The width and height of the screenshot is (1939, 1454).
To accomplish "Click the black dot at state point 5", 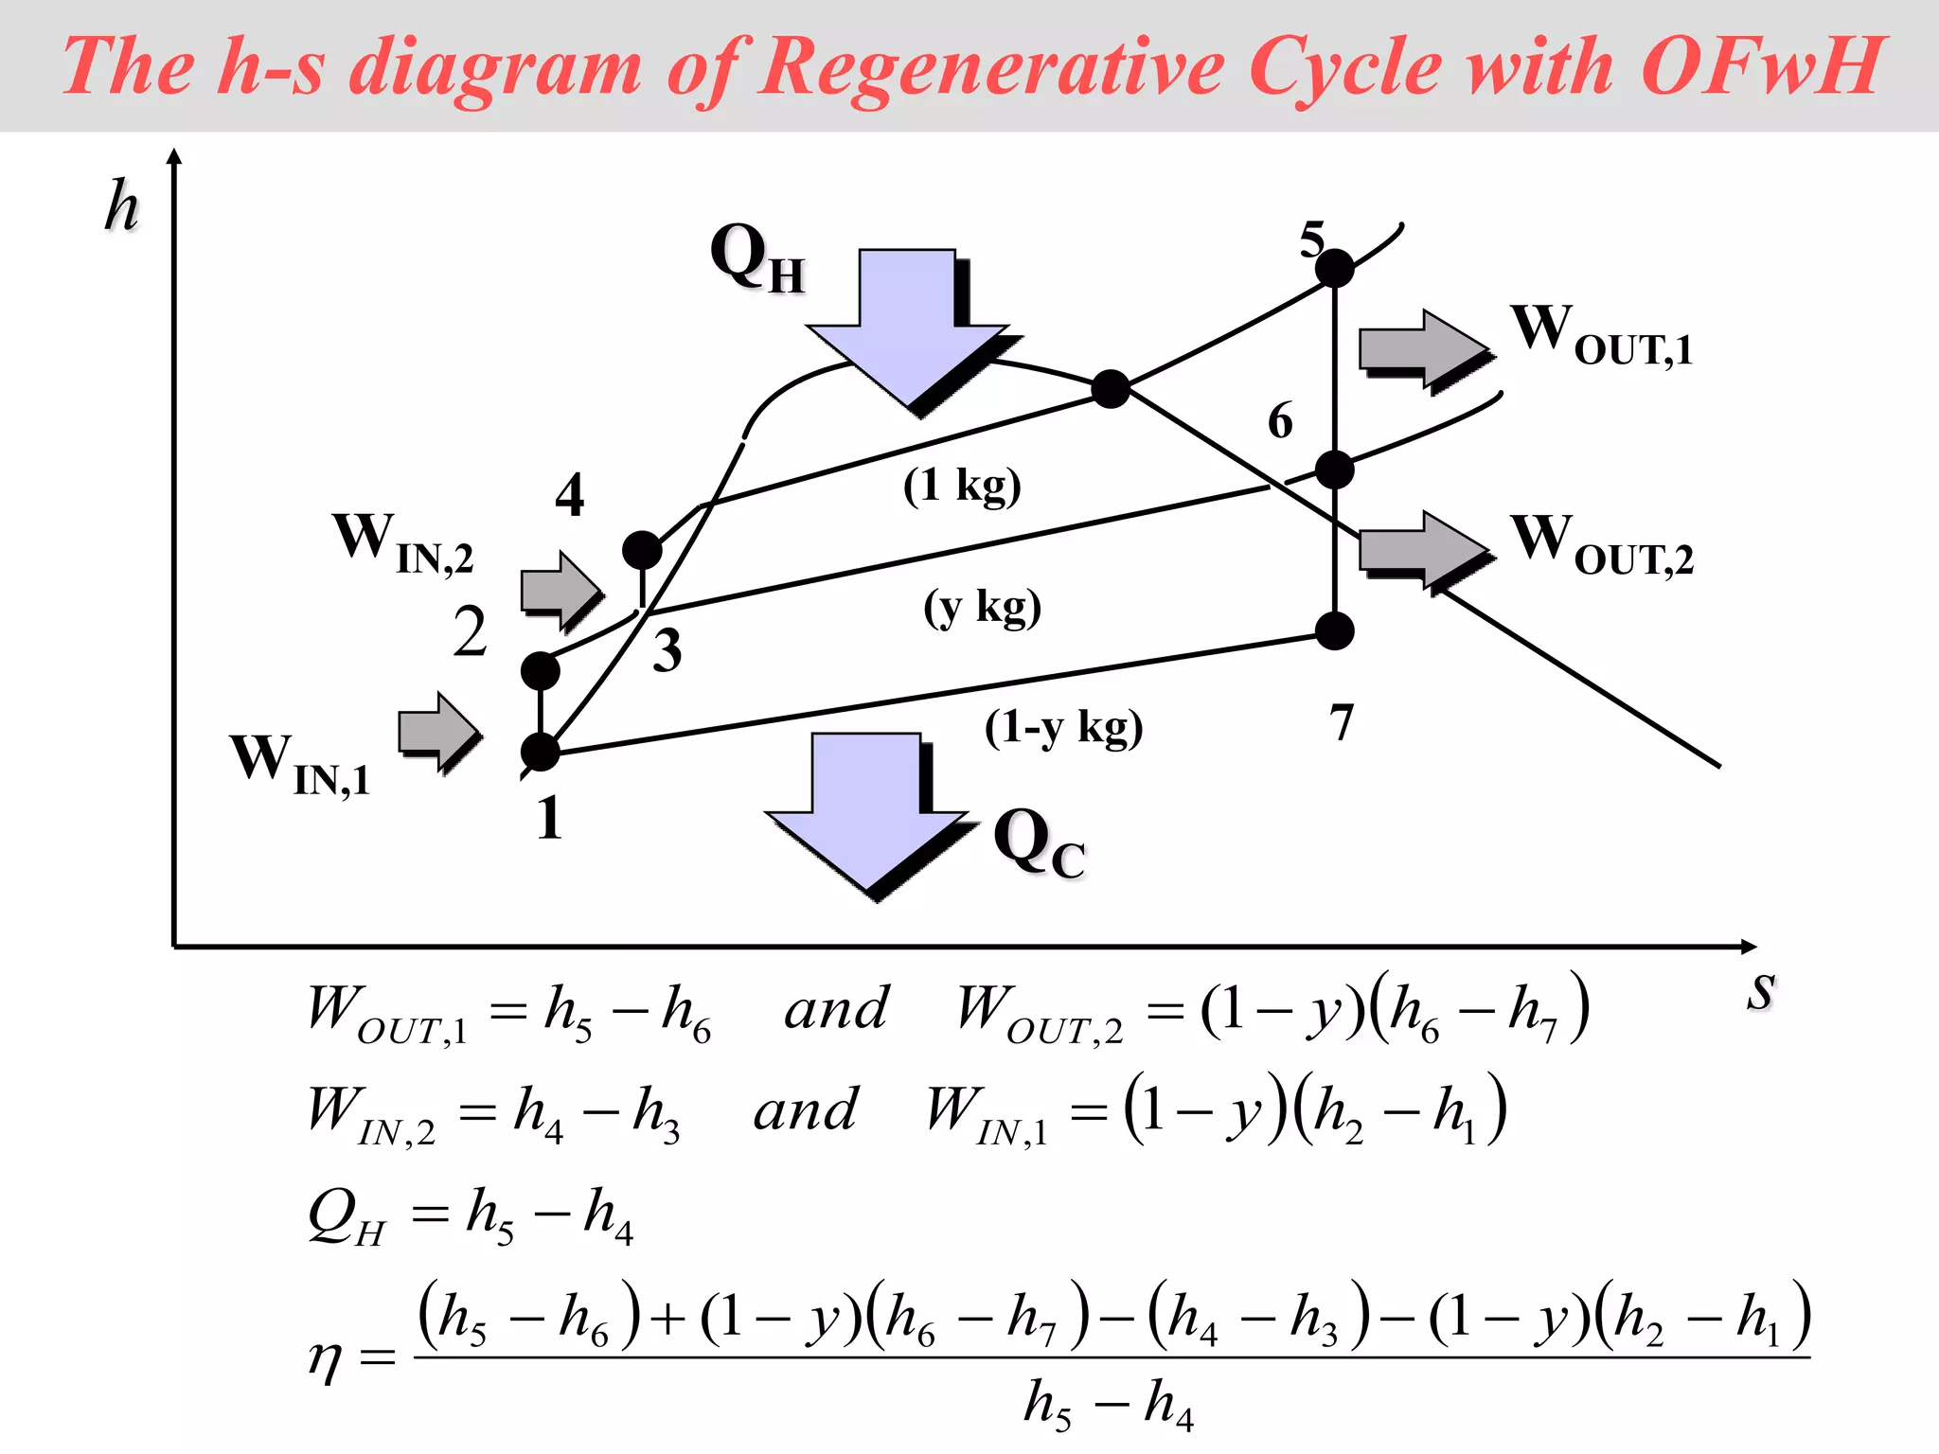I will pos(1335,269).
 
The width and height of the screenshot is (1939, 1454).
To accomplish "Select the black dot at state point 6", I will pos(1335,470).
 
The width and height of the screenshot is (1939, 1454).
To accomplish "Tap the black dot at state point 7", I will pos(1335,630).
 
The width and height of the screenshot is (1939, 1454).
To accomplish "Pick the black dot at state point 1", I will pos(541,752).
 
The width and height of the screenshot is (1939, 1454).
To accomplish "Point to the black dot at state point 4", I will pos(642,549).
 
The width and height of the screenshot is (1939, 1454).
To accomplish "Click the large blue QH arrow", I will pos(907,327).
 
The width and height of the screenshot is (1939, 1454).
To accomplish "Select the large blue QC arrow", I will pos(866,809).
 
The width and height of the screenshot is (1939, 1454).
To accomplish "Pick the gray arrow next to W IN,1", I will pos(438,731).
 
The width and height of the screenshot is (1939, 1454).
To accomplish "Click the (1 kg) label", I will pos(962,486).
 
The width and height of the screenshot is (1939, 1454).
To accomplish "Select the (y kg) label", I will pos(983,607).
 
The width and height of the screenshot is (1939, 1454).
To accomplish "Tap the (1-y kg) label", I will pos(1063,728).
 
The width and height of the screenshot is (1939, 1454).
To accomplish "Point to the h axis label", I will pos(121,205).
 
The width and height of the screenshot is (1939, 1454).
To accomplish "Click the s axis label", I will pos(1761,991).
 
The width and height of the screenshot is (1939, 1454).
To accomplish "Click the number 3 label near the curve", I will pos(667,651).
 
